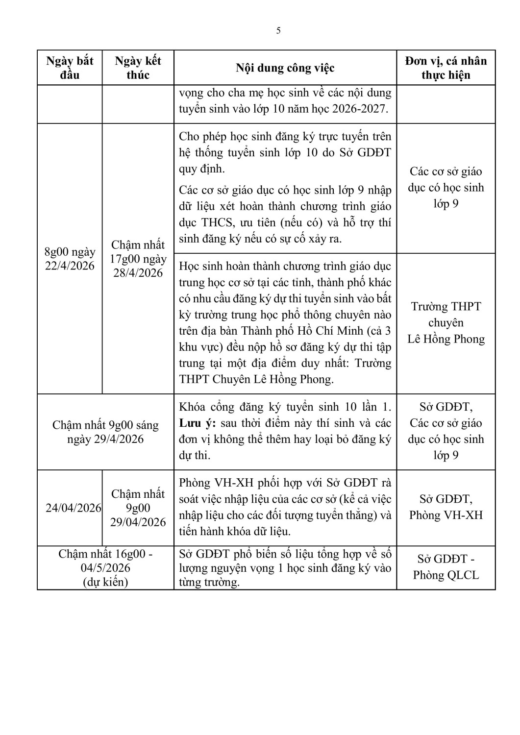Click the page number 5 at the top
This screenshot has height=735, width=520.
(278, 31)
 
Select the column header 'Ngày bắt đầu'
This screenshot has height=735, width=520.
(70, 68)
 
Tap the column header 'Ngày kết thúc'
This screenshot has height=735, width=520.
(138, 68)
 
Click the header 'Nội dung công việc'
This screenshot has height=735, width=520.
(285, 68)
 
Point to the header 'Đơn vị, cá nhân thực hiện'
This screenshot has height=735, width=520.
(446, 68)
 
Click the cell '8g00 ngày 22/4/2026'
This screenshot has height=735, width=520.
(70, 259)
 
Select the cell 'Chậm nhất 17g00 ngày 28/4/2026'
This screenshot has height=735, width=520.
(138, 259)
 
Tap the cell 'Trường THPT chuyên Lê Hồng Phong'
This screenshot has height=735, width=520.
(446, 323)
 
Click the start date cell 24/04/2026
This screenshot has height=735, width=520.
(73, 508)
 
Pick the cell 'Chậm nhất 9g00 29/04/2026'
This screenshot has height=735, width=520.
(138, 508)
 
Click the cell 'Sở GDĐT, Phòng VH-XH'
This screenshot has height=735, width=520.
(446, 507)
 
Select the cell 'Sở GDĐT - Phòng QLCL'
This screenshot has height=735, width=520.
(446, 567)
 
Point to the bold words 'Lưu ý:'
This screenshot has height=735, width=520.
(197, 423)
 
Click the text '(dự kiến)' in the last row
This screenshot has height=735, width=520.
(105, 582)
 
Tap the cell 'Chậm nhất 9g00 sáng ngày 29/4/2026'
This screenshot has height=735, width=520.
(105, 432)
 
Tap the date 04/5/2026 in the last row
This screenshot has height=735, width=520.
(105, 568)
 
